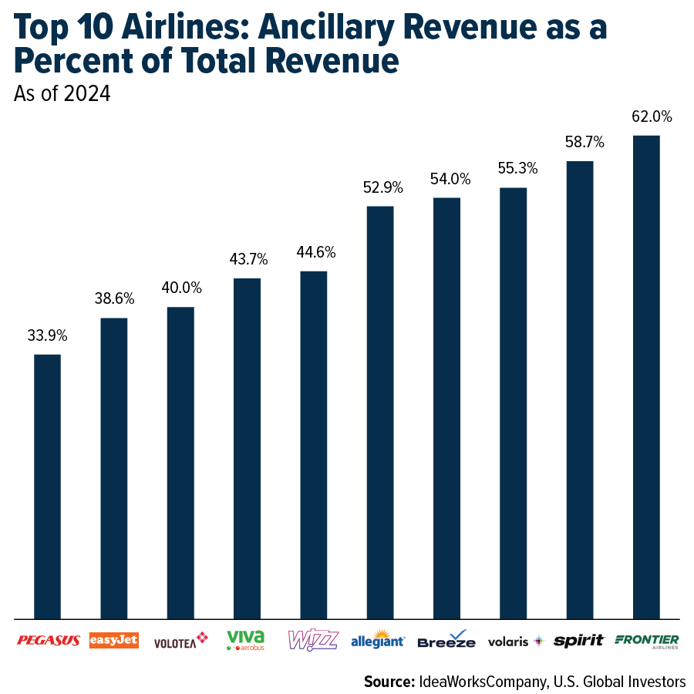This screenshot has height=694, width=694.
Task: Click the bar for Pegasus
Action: click(x=47, y=486)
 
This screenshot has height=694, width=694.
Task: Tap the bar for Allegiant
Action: click(x=380, y=412)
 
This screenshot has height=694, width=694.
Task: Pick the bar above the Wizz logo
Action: click(x=313, y=444)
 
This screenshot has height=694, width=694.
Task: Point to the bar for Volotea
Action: click(x=180, y=462)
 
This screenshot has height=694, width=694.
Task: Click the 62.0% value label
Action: click(x=646, y=117)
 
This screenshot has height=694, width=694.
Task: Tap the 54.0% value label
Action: click(x=446, y=179)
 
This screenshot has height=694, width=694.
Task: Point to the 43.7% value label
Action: click(x=247, y=260)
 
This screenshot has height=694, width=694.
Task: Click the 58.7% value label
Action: click(x=580, y=143)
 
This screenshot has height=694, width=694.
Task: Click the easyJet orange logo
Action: click(x=114, y=640)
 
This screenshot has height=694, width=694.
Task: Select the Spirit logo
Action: click(x=579, y=640)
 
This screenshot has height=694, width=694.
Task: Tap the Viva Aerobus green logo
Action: click(x=246, y=640)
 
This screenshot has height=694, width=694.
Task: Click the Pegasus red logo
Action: click(x=48, y=640)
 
